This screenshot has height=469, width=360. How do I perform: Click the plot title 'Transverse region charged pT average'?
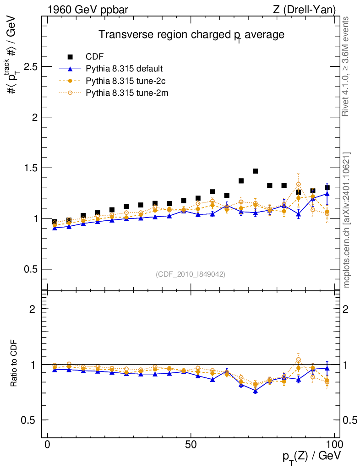(x=192, y=35)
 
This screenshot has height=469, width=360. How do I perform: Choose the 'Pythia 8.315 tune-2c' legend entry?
(x=124, y=81)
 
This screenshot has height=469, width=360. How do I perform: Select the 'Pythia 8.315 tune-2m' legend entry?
(x=125, y=93)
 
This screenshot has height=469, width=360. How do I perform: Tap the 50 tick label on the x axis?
(x=191, y=444)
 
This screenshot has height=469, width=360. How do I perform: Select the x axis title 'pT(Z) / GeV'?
(x=311, y=457)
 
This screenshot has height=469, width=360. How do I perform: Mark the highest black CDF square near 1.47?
(x=256, y=171)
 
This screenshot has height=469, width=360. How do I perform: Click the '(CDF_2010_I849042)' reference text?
(x=191, y=274)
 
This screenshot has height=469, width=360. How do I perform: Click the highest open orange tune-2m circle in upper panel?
(x=298, y=184)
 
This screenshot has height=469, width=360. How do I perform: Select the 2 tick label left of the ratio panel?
(x=32, y=309)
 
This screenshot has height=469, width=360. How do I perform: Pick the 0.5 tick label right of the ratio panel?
(x=350, y=420)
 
